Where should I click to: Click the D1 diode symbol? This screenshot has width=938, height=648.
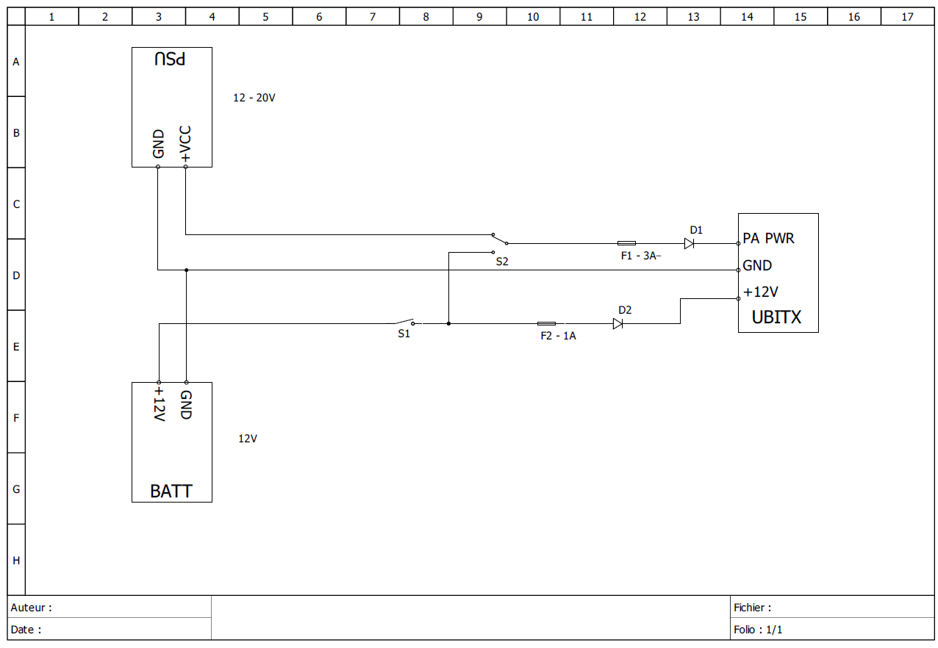[689, 243]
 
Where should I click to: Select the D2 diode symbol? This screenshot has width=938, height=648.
[617, 323]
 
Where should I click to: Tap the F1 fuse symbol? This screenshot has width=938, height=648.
[626, 243]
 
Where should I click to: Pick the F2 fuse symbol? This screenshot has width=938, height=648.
[547, 323]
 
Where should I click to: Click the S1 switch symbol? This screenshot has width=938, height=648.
[405, 322]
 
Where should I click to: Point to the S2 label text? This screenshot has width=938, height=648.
[502, 261]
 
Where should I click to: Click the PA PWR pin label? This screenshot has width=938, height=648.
[768, 239]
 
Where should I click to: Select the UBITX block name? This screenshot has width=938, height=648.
[776, 317]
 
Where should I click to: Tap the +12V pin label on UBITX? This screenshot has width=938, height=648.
[760, 292]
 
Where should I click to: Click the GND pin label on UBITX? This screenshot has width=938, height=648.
[757, 265]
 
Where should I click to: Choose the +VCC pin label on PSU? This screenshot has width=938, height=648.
[185, 144]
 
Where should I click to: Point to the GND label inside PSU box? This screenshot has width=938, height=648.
[158, 145]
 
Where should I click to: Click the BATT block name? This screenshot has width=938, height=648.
[171, 492]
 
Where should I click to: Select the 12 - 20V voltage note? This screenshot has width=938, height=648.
[254, 98]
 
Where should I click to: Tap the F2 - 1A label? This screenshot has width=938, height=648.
[558, 336]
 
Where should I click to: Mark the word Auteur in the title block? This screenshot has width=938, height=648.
[29, 608]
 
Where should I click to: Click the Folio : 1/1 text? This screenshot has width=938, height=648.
[758, 630]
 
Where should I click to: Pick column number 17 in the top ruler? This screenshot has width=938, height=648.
[907, 16]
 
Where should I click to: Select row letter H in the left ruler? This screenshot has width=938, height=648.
[16, 560]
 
